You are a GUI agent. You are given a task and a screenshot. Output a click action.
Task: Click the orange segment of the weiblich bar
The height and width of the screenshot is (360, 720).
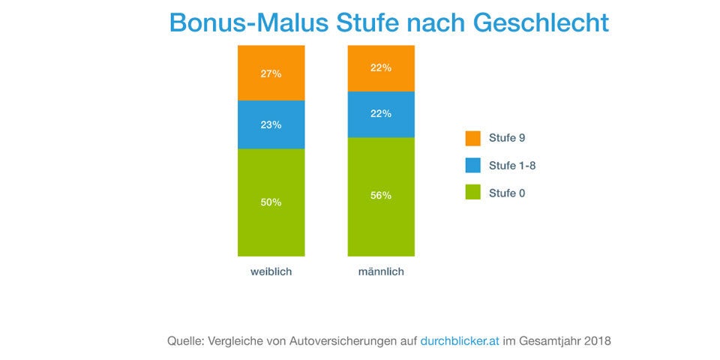[x=271, y=73]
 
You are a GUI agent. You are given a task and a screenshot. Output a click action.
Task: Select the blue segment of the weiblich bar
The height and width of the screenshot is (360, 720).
[x=271, y=124]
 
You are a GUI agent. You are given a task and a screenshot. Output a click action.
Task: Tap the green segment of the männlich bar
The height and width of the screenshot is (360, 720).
[x=381, y=196]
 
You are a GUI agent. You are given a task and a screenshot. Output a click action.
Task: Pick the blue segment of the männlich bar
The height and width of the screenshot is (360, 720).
[x=381, y=114]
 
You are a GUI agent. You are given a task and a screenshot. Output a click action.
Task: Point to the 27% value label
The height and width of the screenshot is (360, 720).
[x=271, y=73]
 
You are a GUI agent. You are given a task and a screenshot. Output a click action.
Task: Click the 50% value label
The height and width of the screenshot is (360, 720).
[x=271, y=202]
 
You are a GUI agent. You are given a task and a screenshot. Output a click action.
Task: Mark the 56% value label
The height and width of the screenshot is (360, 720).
[x=381, y=196]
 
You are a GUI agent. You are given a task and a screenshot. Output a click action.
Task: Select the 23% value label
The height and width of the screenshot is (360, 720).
[x=271, y=125]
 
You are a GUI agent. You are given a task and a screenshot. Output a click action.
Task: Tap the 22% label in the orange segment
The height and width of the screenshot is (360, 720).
[x=381, y=67]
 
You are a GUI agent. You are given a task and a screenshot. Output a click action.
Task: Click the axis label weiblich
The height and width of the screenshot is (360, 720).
[x=271, y=271]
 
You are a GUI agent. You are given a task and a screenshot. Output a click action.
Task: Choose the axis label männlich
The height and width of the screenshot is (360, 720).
[x=381, y=271]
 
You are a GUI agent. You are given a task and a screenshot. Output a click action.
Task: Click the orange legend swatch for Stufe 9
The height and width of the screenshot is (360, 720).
[x=472, y=138]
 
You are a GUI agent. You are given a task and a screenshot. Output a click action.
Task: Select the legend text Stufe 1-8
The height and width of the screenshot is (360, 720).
[x=511, y=166]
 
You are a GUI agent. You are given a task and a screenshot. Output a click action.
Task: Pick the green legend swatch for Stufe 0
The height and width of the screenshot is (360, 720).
[x=472, y=193]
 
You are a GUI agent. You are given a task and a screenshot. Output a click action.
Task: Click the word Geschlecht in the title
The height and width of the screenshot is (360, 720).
[x=541, y=22]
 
